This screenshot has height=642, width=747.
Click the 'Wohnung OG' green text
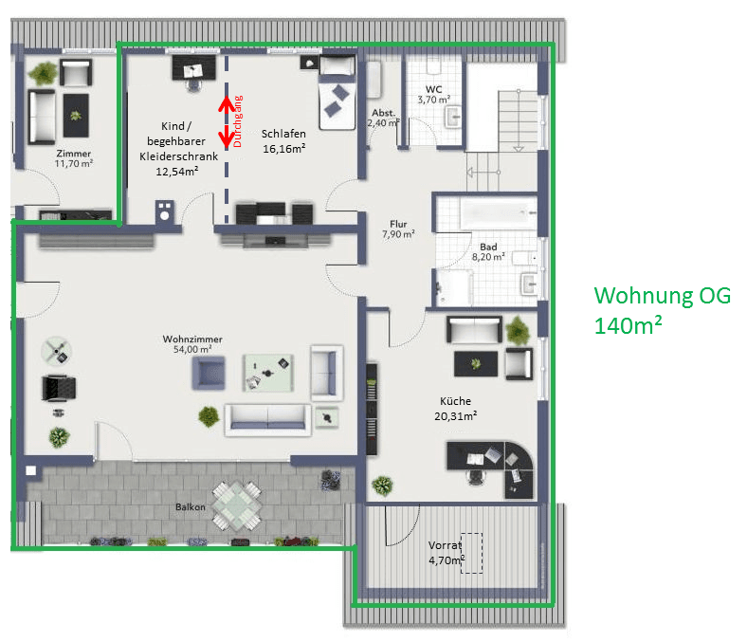(662, 296)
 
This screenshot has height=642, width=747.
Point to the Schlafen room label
(283, 134)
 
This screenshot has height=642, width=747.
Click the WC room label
(433, 88)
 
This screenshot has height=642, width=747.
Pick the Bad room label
(487, 247)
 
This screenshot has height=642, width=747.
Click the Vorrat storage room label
(444, 546)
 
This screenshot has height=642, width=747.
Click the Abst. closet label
(383, 112)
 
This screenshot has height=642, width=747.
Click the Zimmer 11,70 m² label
(74, 157)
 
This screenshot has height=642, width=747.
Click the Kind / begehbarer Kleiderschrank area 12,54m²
(177, 172)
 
